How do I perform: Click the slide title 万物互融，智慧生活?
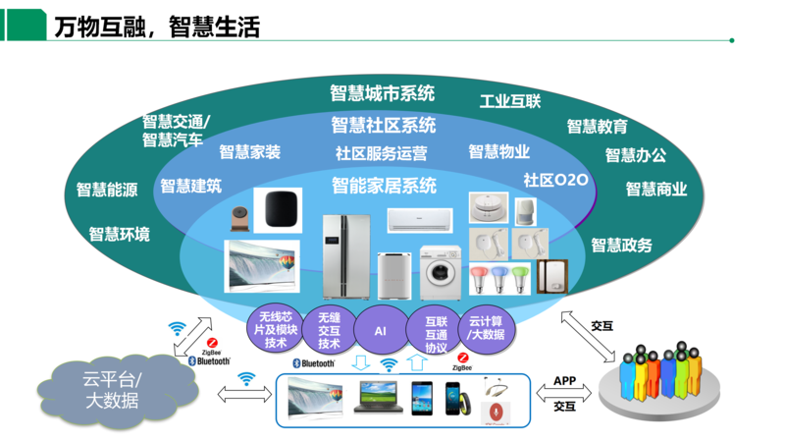pyautogui.click(x=157, y=27)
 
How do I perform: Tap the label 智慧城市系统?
pyautogui.click(x=382, y=94)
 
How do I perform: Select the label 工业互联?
pyautogui.click(x=509, y=101)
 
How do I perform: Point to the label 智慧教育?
pyautogui.click(x=597, y=126)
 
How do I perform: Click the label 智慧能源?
pyautogui.click(x=107, y=190)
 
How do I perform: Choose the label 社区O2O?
pyautogui.click(x=555, y=180)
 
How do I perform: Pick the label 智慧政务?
pyautogui.click(x=621, y=245)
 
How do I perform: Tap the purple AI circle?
pyautogui.click(x=380, y=332)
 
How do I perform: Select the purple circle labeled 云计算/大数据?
pyautogui.click(x=488, y=328)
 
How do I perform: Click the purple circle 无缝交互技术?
pyautogui.click(x=329, y=330)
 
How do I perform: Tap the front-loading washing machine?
pyautogui.click(x=441, y=271)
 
